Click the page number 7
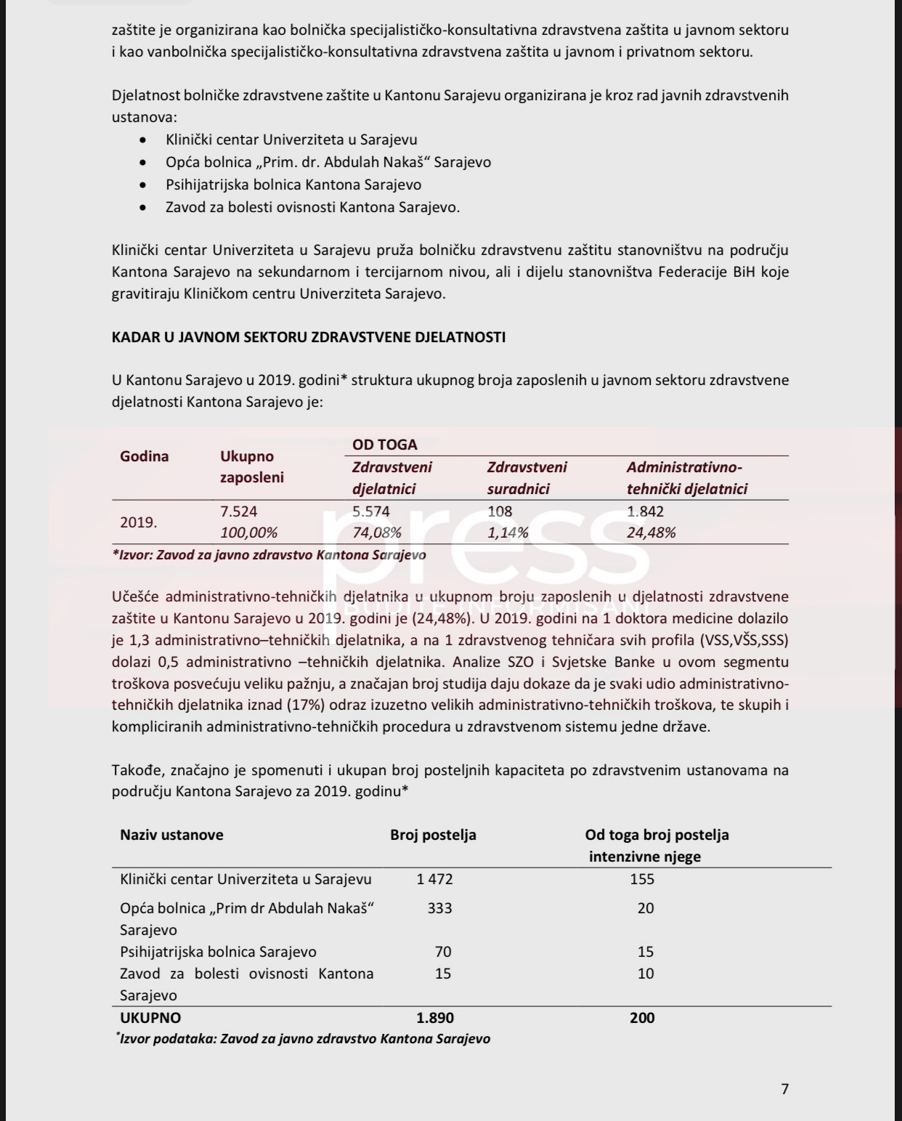pos(784,1088)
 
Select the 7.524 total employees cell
pos(238,511)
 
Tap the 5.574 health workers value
pos(371,511)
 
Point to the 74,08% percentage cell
pos(377,533)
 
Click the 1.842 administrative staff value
pos(645,511)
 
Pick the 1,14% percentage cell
pos(508,533)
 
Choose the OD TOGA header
pos(385,445)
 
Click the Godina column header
pos(145,456)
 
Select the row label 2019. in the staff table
pos(139,522)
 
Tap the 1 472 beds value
pos(434,879)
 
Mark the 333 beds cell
pos(440,908)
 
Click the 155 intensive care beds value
pos(642,879)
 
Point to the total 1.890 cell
pos(435,1018)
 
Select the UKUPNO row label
pos(150,1018)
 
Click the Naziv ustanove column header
pos(171,835)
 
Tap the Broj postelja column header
pos(433,835)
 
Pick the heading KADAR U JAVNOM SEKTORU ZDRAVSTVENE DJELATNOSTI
pos(309,337)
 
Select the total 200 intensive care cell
pos(642,1018)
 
